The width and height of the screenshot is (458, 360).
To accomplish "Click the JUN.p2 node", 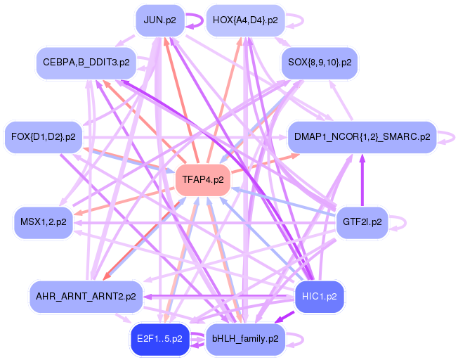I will click(159, 20).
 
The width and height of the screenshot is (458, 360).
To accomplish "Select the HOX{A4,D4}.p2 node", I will click(244, 20).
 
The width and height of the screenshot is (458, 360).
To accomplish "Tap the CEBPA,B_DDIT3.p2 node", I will click(86, 63).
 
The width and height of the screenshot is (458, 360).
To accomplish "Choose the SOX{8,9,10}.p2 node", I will click(320, 63).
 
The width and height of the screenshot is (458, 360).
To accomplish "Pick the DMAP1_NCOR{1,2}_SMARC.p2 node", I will click(362, 136).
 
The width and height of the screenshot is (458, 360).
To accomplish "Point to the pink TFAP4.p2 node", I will click(203, 179).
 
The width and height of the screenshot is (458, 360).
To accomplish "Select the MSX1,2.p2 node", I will click(44, 221).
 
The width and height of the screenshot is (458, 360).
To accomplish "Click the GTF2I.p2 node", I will click(362, 221).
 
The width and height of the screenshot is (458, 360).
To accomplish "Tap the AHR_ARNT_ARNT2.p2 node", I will click(86, 296).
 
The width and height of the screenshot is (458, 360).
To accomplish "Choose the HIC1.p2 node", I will click(320, 296).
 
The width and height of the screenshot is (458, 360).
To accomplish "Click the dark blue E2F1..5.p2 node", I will click(159, 338).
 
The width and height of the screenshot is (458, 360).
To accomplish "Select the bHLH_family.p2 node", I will click(244, 338).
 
